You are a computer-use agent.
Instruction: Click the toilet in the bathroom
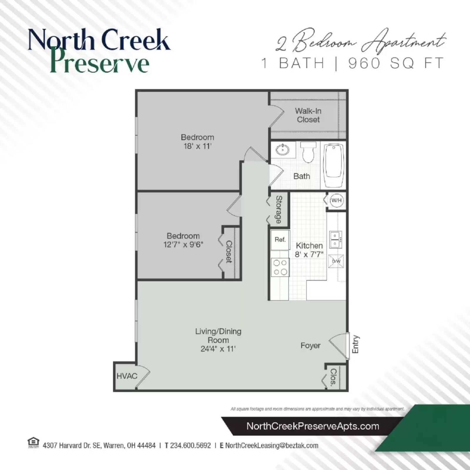tap(308, 152)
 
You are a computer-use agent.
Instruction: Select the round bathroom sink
tap(283, 150)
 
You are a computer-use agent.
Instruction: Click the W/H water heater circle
tap(336, 200)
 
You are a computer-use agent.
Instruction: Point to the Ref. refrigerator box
tap(280, 240)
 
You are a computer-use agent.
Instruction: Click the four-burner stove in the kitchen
tap(280, 267)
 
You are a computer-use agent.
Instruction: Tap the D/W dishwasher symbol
tap(336, 261)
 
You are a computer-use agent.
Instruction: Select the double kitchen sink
tap(335, 240)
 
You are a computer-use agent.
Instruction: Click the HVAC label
tap(127, 376)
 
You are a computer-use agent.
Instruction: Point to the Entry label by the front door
tap(355, 344)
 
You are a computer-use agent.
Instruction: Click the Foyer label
tap(310, 345)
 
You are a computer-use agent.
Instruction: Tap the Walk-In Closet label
tap(308, 115)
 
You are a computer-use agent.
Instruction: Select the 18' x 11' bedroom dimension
tap(197, 146)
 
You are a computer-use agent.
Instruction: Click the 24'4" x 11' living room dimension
tap(218, 349)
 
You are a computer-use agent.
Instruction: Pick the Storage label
tap(278, 209)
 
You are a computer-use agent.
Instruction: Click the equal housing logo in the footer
tap(33, 442)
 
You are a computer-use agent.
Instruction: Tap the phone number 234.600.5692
tap(190, 445)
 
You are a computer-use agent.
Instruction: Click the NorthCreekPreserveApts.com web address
tap(313, 426)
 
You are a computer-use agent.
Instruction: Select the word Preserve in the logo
tap(100, 63)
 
